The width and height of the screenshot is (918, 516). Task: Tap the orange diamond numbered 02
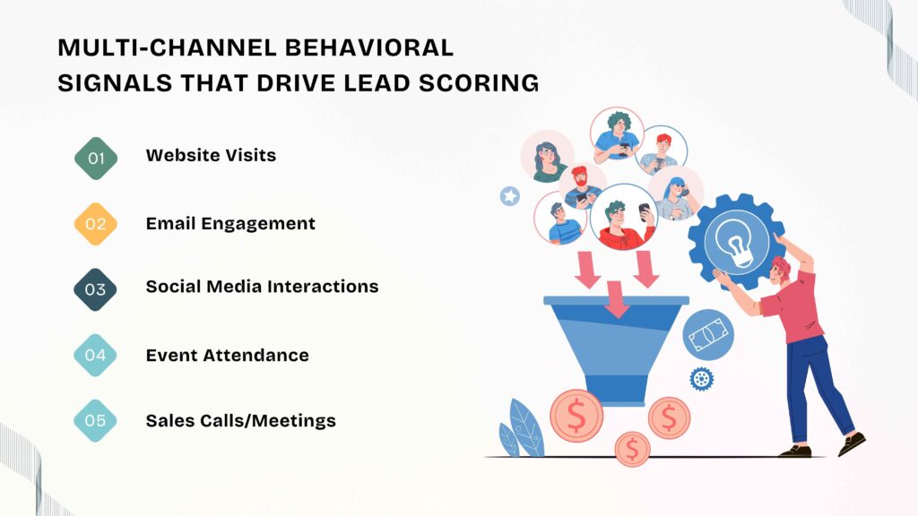tap(96, 224)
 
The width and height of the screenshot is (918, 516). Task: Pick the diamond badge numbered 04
tap(96, 355)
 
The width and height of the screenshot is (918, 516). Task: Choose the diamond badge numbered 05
tap(96, 420)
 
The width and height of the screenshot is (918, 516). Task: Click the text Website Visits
tap(211, 155)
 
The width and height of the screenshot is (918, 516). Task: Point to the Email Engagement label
tap(230, 223)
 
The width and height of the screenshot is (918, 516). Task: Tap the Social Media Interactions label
tap(262, 287)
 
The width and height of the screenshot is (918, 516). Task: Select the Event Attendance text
tap(227, 355)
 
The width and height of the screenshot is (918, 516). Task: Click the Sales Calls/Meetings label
tap(240, 420)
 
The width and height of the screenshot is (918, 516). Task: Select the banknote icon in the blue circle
tap(708, 336)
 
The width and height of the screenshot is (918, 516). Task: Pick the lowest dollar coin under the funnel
tap(633, 447)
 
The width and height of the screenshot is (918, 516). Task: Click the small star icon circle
tap(510, 195)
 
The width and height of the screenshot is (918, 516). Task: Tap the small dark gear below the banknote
tap(701, 378)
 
